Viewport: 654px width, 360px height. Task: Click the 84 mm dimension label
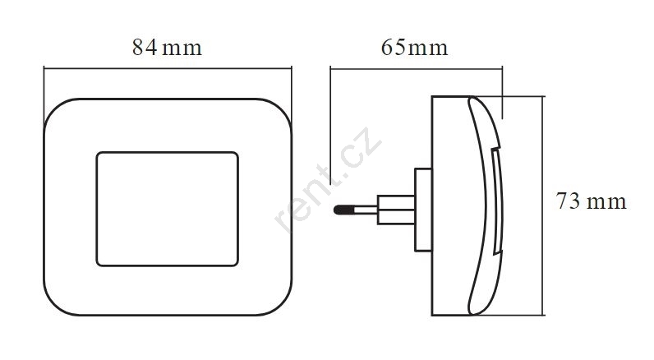click(x=167, y=47)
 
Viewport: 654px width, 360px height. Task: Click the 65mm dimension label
click(x=415, y=47)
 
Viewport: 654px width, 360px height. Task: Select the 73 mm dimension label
click(x=592, y=201)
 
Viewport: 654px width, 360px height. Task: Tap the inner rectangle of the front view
click(x=97, y=209)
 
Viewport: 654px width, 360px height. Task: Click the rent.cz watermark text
click(x=327, y=179)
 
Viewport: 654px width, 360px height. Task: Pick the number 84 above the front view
click(x=145, y=47)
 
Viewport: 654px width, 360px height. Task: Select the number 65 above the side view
click(x=393, y=47)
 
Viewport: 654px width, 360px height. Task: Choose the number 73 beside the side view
click(x=568, y=201)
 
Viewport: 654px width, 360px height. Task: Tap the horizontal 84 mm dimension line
click(x=168, y=67)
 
